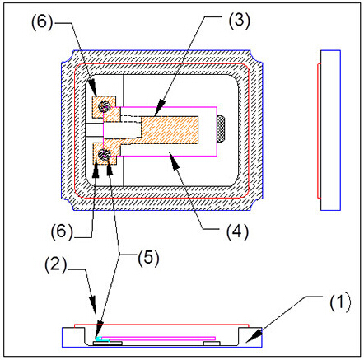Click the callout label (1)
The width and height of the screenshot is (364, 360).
(x=340, y=302)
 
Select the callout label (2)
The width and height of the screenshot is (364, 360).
(x=56, y=264)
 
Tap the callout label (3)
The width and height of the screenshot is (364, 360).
(x=239, y=20)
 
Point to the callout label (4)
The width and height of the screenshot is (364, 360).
(x=237, y=231)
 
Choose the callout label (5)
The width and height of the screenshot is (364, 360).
(x=148, y=258)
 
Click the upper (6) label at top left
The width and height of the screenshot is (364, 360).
(x=42, y=21)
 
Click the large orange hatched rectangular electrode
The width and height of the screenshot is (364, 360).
(x=170, y=130)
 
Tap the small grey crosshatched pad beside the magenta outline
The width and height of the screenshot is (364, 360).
(x=222, y=129)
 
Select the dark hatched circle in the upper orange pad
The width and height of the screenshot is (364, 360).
(x=105, y=105)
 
